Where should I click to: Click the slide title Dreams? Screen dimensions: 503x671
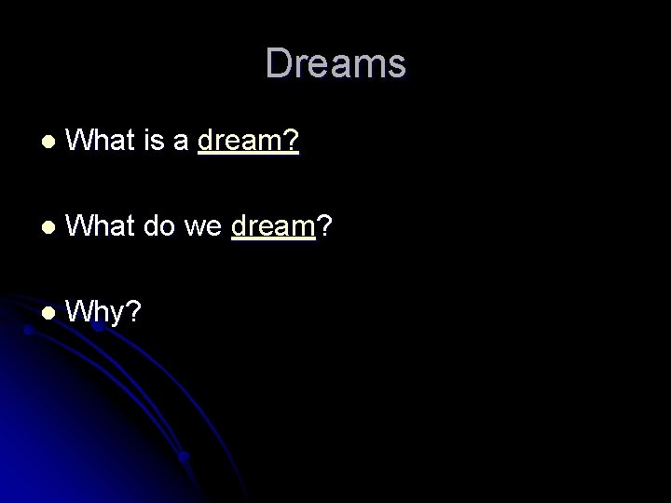pyautogui.click(x=335, y=64)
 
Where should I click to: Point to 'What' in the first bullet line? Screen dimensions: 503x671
pyautogui.click(x=103, y=141)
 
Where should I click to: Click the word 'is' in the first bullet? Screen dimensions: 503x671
pyautogui.click(x=155, y=141)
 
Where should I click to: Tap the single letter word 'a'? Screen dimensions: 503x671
pyautogui.click(x=181, y=142)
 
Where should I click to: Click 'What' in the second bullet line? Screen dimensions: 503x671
pyautogui.click(x=103, y=224)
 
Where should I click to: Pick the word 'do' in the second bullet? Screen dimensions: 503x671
pyautogui.click(x=162, y=224)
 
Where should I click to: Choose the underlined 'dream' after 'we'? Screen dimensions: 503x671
pyautogui.click(x=274, y=225)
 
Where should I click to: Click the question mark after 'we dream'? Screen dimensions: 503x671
pyautogui.click(x=325, y=224)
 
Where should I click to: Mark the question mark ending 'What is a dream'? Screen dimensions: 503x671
pyautogui.click(x=292, y=141)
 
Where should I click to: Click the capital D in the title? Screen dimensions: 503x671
pyautogui.click(x=277, y=64)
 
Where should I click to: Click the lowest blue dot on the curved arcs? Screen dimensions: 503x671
pyautogui.click(x=185, y=457)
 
